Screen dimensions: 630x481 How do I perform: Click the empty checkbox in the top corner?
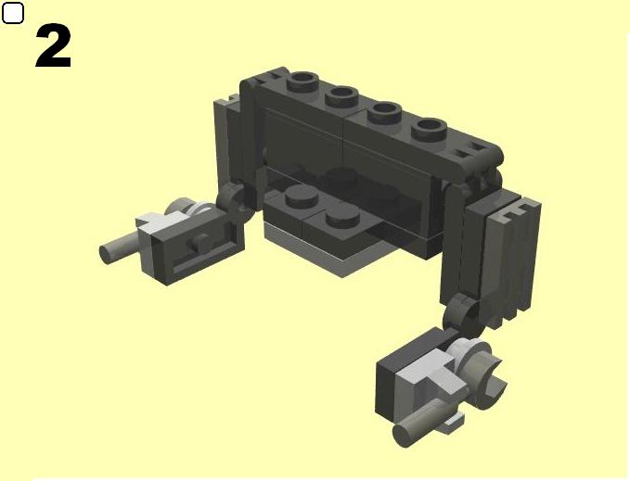(x=12, y=12)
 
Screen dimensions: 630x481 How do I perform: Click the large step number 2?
(x=54, y=45)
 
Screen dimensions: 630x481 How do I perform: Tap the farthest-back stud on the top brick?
(x=303, y=82)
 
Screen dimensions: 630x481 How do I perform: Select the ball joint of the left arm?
(x=237, y=202)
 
